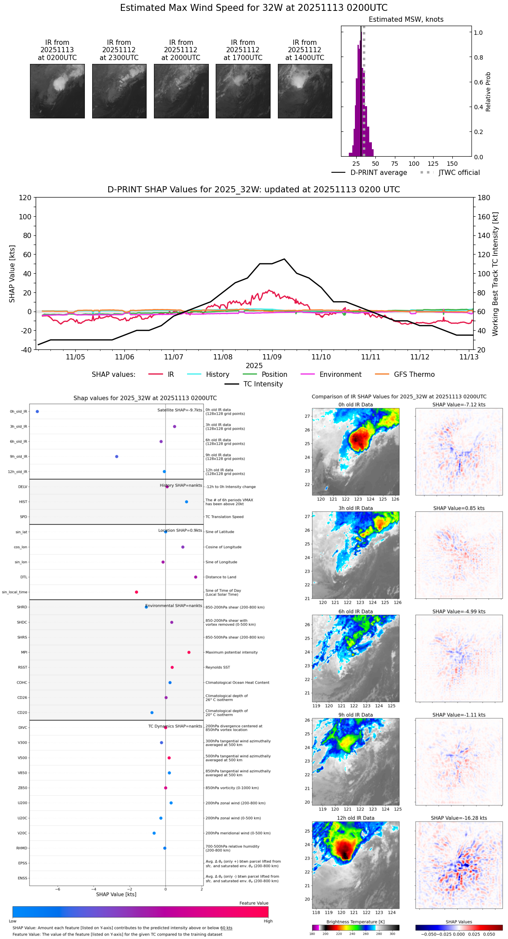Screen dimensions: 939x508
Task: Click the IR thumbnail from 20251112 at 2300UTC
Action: pos(119,91)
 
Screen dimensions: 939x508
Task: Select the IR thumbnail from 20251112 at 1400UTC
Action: pos(305,91)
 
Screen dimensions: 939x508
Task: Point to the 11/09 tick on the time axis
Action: pos(272,357)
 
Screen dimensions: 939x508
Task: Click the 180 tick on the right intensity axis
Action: pos(484,198)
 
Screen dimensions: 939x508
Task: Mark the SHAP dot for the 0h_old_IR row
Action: pos(37,412)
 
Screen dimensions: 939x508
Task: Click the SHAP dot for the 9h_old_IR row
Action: pos(117,456)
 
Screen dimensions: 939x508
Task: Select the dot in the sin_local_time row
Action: pos(137,592)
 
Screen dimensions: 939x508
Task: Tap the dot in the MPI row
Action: pos(189,652)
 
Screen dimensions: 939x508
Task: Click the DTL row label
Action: pos(23,577)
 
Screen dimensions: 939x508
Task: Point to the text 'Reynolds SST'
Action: pos(217,667)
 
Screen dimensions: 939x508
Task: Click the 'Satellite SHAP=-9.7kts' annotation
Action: pos(180,410)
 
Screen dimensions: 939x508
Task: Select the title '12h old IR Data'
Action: pos(355,818)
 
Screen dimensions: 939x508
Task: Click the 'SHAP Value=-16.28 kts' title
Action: pos(459,818)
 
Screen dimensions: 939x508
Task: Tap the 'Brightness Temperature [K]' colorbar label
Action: pos(355,922)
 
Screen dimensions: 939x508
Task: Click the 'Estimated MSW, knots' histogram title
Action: pos(406,20)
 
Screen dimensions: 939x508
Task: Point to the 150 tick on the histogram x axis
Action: pos(452,164)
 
